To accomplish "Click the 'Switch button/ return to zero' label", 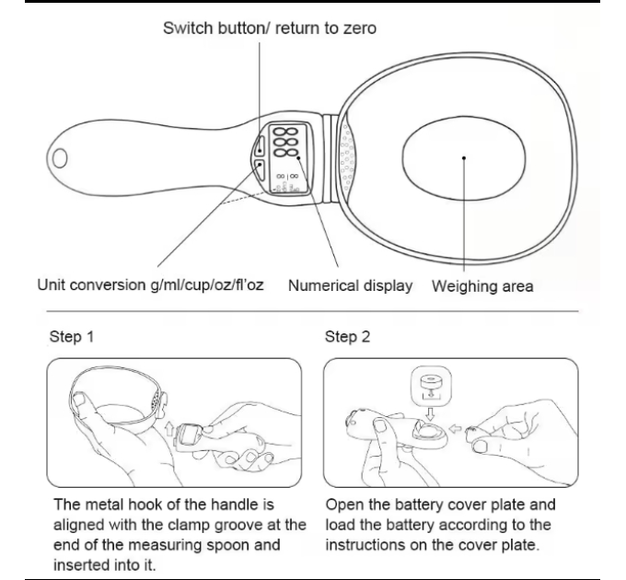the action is click(270, 29).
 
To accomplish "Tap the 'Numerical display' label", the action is click(350, 285).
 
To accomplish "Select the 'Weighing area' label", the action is click(482, 286).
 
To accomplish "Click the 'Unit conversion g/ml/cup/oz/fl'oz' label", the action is click(150, 285).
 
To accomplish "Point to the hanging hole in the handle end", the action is click(60, 158).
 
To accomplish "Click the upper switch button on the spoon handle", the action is click(260, 145).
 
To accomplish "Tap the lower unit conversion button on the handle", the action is click(260, 170).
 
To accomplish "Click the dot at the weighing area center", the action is click(463, 158).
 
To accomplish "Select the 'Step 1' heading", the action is click(72, 337).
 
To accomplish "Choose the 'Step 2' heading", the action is click(347, 337).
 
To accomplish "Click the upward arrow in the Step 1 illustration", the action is click(169, 429).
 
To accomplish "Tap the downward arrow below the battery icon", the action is click(430, 414).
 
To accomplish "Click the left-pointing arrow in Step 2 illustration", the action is click(455, 429).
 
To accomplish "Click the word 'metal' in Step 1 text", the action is click(104, 505).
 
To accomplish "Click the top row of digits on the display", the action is click(286, 133).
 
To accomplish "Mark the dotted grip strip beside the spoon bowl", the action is click(346, 158).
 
